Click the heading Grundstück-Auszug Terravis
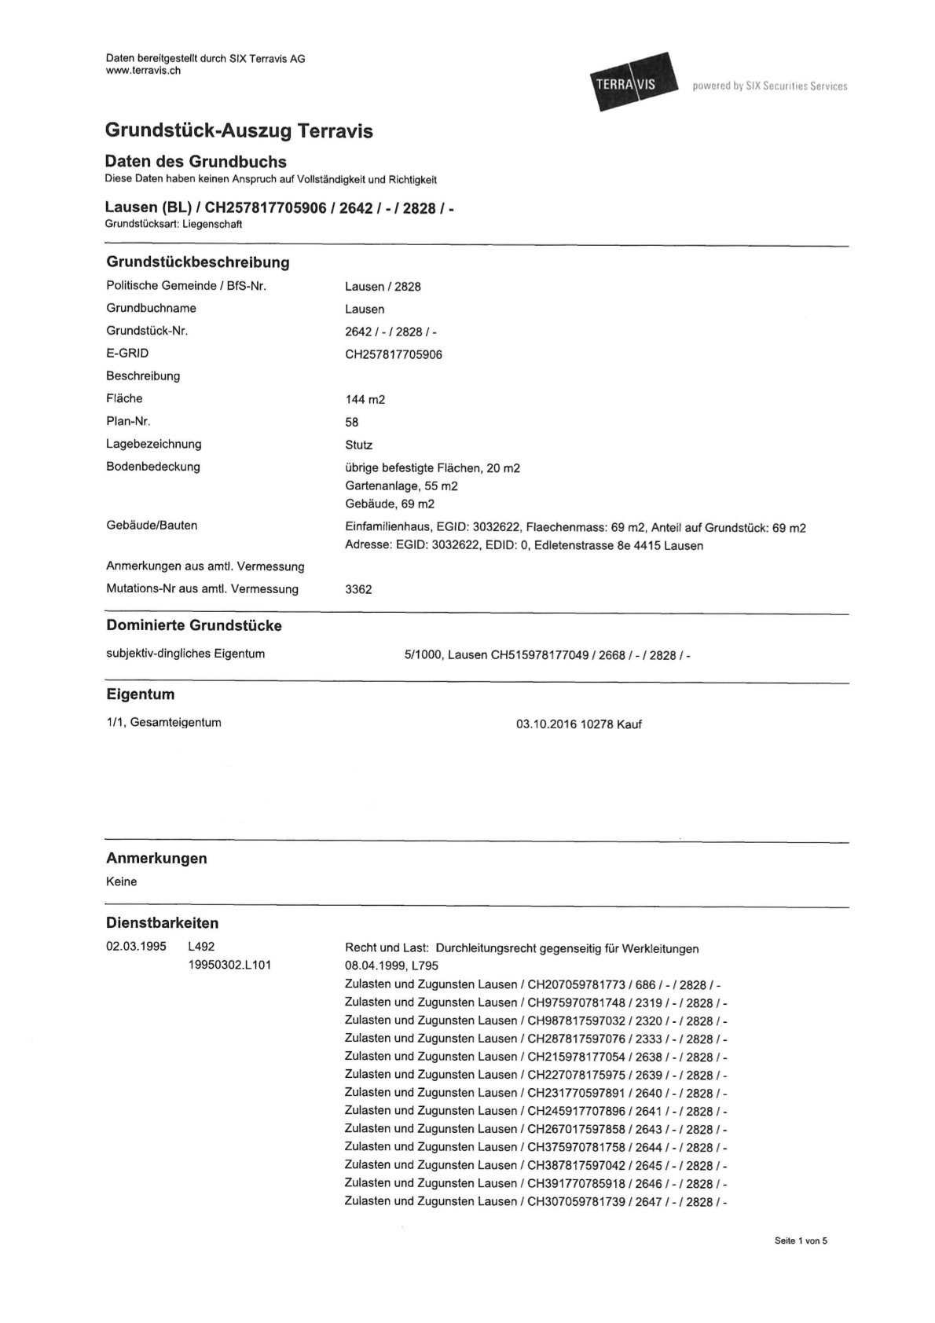(x=239, y=131)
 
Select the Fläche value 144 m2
(x=365, y=399)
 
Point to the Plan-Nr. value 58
(x=352, y=422)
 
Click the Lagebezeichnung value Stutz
(x=358, y=445)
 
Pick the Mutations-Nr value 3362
(x=358, y=589)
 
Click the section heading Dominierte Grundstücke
(x=193, y=626)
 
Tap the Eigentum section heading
(x=140, y=694)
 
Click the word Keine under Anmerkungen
(x=122, y=881)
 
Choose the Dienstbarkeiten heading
(x=162, y=923)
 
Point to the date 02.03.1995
(x=136, y=947)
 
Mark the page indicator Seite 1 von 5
(x=801, y=1241)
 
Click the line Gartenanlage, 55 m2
(x=401, y=486)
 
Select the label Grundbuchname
(x=151, y=308)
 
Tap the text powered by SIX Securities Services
(x=769, y=86)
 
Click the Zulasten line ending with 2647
(x=536, y=1202)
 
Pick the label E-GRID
(x=127, y=354)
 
